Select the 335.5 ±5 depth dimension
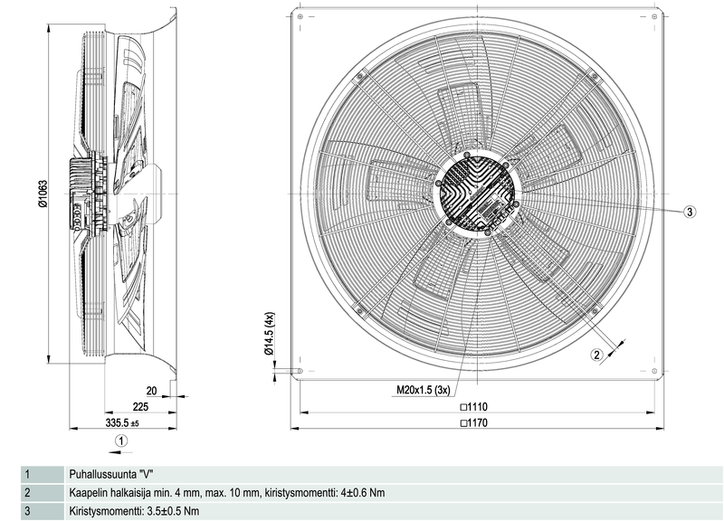point(123,422)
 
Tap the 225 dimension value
point(139,407)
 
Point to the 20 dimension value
point(151,391)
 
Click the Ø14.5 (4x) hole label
point(269,336)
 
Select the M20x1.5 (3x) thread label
point(423,391)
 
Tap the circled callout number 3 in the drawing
point(689,212)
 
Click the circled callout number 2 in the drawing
point(596,355)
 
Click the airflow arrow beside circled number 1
point(106,440)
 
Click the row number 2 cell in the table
point(28,493)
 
